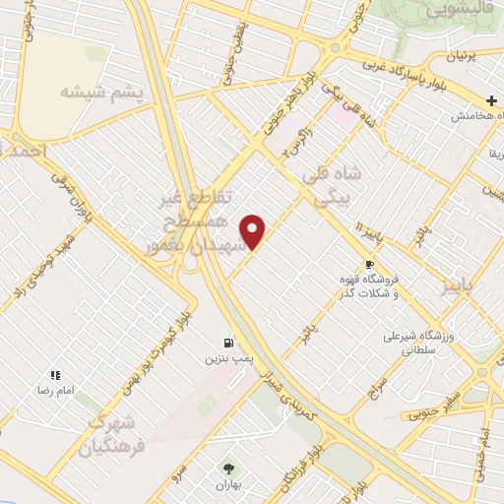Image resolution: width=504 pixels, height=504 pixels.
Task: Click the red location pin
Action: (255, 232)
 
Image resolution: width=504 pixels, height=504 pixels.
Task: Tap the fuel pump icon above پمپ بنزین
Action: (229, 343)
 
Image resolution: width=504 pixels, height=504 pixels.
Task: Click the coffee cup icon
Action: (369, 264)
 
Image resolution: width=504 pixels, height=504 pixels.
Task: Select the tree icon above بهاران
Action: (230, 469)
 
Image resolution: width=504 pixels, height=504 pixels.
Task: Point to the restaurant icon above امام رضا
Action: (56, 375)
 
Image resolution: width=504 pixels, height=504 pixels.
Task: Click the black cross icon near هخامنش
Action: (491, 100)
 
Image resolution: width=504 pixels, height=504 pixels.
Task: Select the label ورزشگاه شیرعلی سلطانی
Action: (418, 342)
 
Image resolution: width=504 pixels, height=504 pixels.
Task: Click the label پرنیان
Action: (467, 57)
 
